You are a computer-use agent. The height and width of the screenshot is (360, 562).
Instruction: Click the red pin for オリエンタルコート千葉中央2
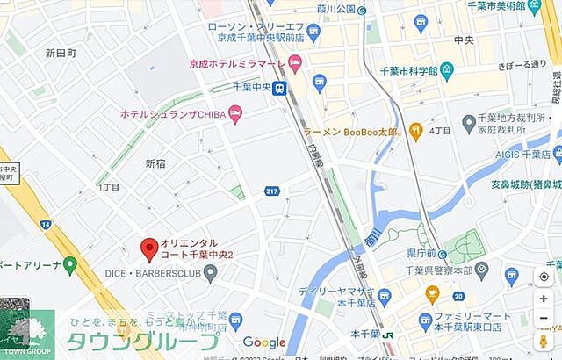(x=149, y=249)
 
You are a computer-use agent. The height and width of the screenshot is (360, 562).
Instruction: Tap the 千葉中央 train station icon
(x=279, y=88)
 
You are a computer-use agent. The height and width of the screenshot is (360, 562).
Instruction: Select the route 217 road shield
(x=273, y=191)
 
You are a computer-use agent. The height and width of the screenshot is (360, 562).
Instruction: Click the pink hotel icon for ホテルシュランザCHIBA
(x=234, y=113)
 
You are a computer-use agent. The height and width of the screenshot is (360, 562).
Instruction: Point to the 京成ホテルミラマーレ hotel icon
(x=295, y=63)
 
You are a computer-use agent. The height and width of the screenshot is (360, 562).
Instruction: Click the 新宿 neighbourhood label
(x=155, y=163)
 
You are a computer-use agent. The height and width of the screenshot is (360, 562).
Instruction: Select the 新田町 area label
(x=60, y=54)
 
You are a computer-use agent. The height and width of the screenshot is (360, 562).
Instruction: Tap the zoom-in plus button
(x=544, y=299)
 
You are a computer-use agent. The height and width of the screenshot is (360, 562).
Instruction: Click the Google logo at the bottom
(x=264, y=342)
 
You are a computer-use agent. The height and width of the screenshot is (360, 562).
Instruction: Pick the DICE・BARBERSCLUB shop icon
(x=211, y=274)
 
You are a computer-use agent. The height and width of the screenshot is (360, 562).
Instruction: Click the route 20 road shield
(x=458, y=297)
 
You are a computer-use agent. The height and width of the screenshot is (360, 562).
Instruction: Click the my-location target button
(x=544, y=277)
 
